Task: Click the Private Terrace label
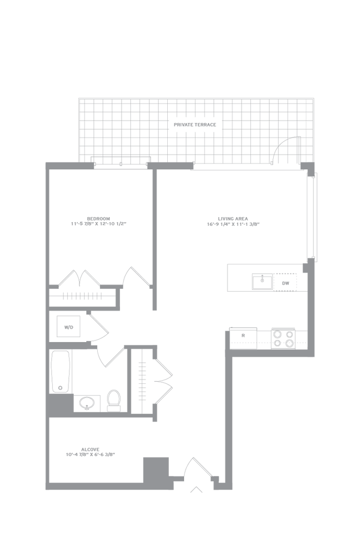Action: pyautogui.click(x=195, y=125)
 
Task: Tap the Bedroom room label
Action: pyautogui.click(x=99, y=219)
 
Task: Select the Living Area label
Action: pyautogui.click(x=233, y=219)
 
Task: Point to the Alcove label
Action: pyautogui.click(x=91, y=449)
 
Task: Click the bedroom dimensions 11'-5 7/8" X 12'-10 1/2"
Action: pyautogui.click(x=99, y=224)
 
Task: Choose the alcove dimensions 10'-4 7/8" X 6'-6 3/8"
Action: pyautogui.click(x=91, y=454)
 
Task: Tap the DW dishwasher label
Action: pyautogui.click(x=286, y=283)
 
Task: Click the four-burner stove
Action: pyautogui.click(x=283, y=338)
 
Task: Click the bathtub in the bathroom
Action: pyautogui.click(x=60, y=371)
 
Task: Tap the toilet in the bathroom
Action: pyautogui.click(x=114, y=401)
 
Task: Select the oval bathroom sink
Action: pyautogui.click(x=86, y=403)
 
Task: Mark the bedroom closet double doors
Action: pyautogui.click(x=80, y=279)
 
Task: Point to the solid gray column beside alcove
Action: pyautogui.click(x=156, y=470)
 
